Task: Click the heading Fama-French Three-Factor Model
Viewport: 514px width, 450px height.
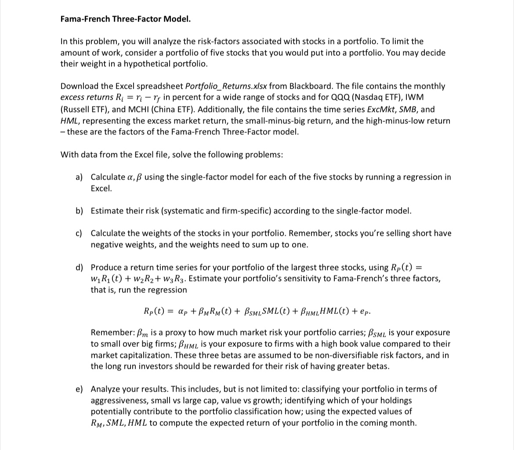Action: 125,19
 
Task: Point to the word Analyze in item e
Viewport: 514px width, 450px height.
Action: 105,389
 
